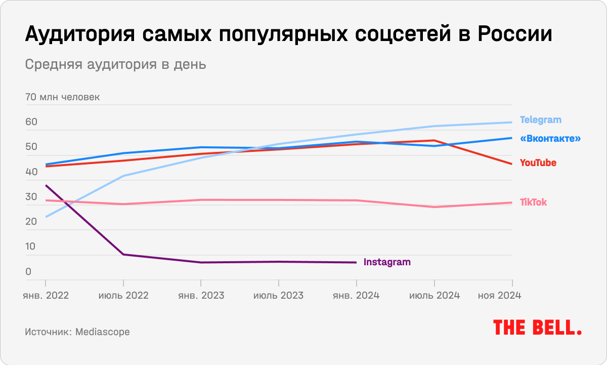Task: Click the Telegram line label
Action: point(541,120)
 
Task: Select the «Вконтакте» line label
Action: point(550,138)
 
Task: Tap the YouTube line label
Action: point(538,163)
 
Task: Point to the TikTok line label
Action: point(533,202)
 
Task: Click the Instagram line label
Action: point(387,262)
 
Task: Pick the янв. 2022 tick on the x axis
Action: point(46,295)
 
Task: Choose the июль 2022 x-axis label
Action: point(123,295)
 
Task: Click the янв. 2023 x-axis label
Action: point(201,295)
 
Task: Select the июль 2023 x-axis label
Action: point(279,295)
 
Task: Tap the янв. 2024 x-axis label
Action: point(356,295)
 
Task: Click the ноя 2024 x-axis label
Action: point(499,295)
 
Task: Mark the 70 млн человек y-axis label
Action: point(62,97)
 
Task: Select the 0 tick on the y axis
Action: point(28,272)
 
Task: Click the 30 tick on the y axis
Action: point(31,197)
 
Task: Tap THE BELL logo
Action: point(537,328)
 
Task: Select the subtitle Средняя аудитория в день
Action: point(115,65)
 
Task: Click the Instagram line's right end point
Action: point(356,262)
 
